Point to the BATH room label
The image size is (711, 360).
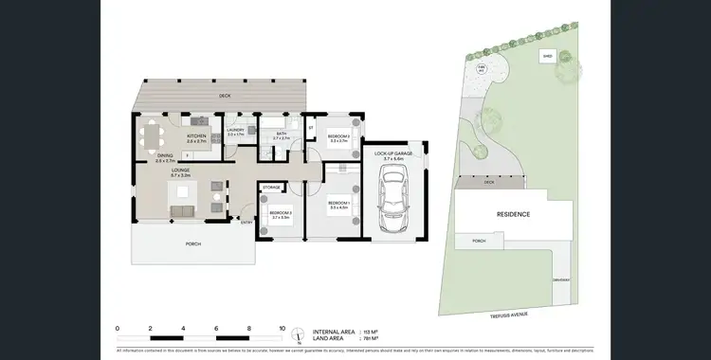pos(282,134)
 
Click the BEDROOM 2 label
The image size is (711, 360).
pos(338,137)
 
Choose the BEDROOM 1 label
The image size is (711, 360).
pos(338,202)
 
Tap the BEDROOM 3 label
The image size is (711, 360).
pos(280,213)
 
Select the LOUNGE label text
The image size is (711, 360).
pos(180,171)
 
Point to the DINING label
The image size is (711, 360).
pos(165,155)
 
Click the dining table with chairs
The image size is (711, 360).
pos(153,138)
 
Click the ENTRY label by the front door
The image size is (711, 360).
pos(246,223)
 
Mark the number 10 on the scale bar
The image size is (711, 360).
pos(282,328)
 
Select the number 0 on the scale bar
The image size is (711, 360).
pos(117,328)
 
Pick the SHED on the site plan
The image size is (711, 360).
pos(547,56)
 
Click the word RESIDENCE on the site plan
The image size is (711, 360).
pos(513,214)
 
